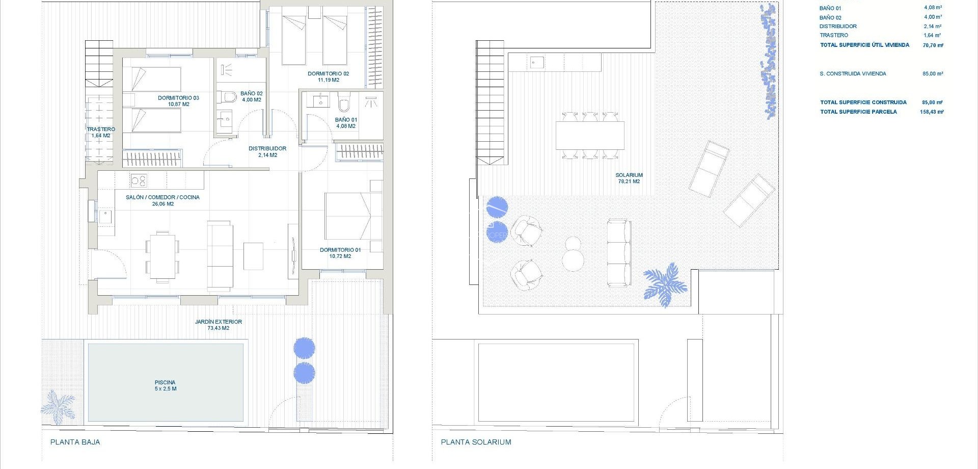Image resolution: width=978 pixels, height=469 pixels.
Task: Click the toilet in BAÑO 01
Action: click(344, 104)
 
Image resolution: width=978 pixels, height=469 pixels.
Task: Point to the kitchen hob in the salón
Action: click(138, 180)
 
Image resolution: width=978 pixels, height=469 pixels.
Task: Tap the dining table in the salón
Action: click(162, 255)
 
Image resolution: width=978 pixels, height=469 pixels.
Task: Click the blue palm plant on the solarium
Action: click(665, 284)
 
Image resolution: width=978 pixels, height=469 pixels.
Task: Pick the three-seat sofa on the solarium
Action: click(619, 252)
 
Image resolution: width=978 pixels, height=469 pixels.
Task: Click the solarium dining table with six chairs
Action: click(590, 135)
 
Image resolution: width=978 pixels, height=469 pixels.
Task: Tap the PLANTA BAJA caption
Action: click(75, 442)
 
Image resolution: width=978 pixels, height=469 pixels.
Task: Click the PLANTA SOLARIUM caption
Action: click(476, 442)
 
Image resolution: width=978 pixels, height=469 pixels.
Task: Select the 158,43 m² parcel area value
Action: click(932, 112)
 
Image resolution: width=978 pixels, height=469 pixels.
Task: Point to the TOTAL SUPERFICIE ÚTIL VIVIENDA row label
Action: click(864, 45)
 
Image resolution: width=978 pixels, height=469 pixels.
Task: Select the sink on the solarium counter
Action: click(536, 63)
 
